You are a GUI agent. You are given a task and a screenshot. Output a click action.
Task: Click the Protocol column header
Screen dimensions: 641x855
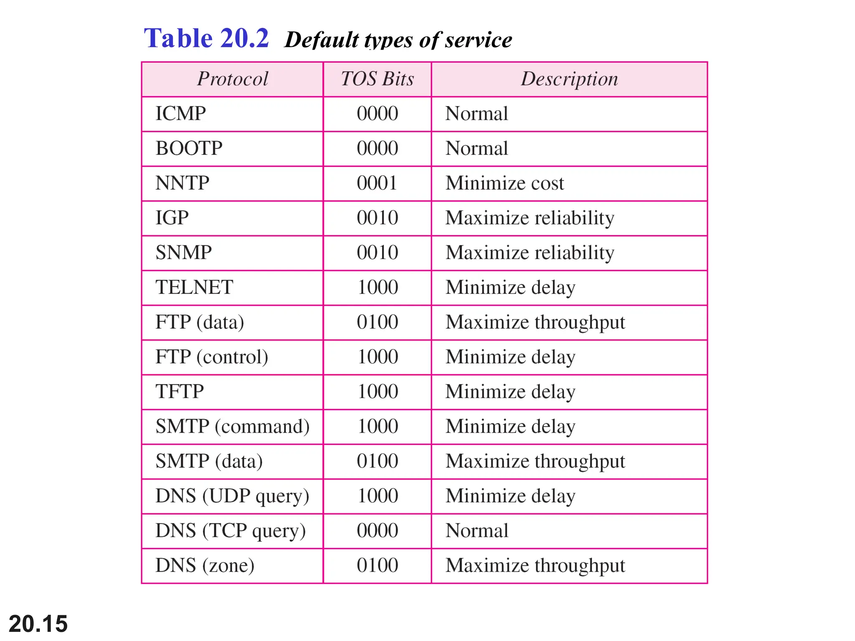[x=233, y=79]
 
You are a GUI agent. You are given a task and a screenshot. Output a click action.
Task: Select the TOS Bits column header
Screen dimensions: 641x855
[x=377, y=79]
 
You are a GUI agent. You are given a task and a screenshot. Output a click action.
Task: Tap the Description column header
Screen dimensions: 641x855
[x=569, y=79]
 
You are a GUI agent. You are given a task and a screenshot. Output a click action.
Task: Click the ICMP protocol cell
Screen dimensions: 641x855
[x=181, y=114]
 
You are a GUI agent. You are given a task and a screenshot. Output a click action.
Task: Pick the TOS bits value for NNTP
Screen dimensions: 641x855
[x=377, y=183]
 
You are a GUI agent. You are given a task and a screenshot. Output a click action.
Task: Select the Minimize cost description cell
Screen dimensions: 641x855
[x=504, y=183]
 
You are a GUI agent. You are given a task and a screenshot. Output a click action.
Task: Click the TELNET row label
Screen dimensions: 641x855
[x=194, y=287]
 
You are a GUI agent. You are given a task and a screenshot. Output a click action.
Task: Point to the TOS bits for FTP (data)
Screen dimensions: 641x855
[x=377, y=322]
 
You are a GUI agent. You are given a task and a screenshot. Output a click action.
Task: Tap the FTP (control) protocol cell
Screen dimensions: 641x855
[x=212, y=357]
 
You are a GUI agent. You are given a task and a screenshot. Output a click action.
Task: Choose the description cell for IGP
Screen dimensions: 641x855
[x=529, y=218]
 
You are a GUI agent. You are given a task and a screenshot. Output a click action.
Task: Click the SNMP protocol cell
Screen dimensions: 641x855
[x=184, y=252]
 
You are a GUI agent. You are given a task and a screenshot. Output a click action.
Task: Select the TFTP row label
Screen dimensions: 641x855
[x=180, y=391]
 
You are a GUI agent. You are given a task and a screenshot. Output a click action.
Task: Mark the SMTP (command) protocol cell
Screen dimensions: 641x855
[x=233, y=426]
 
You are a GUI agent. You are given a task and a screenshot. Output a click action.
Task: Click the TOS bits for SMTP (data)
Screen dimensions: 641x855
[x=377, y=461]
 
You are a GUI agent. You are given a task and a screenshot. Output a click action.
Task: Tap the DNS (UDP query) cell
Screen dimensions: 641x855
[x=232, y=496]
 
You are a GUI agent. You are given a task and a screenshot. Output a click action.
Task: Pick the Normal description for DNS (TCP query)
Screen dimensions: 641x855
[x=477, y=531]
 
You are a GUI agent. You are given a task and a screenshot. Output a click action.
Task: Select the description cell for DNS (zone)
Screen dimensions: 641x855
[x=535, y=565]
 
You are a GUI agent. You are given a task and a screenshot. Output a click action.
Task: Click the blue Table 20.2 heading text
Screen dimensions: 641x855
[x=206, y=38]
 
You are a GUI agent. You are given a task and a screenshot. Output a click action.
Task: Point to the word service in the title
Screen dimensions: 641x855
[x=478, y=40]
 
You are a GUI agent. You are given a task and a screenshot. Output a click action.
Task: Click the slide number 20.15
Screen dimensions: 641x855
[x=38, y=624]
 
